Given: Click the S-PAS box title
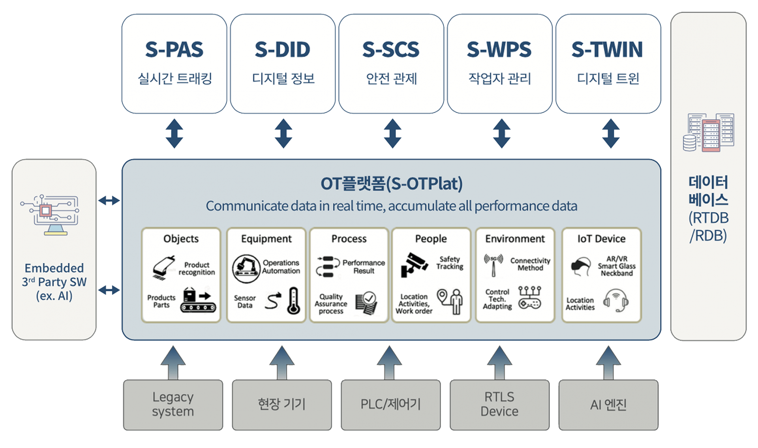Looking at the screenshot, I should coord(174,50).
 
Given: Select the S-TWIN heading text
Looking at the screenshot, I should coord(607,50).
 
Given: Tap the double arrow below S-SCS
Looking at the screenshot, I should coord(392,133).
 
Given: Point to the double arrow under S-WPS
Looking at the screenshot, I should coord(501,133).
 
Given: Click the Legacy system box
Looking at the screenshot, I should coord(173,405).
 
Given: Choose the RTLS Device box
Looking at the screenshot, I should coord(499,405).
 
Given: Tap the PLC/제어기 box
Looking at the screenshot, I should coord(390,405).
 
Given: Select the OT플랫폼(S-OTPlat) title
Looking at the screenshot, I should coord(391,184).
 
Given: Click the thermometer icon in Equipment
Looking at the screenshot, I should coord(293,301).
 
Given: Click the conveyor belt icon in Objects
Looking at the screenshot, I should coord(199,302).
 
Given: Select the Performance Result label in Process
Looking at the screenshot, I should coord(363,267).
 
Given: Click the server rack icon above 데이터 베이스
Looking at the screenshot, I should coord(709,133).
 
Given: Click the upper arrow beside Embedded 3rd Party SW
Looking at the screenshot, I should coord(109,201).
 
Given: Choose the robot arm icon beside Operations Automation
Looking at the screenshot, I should coord(246,268).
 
